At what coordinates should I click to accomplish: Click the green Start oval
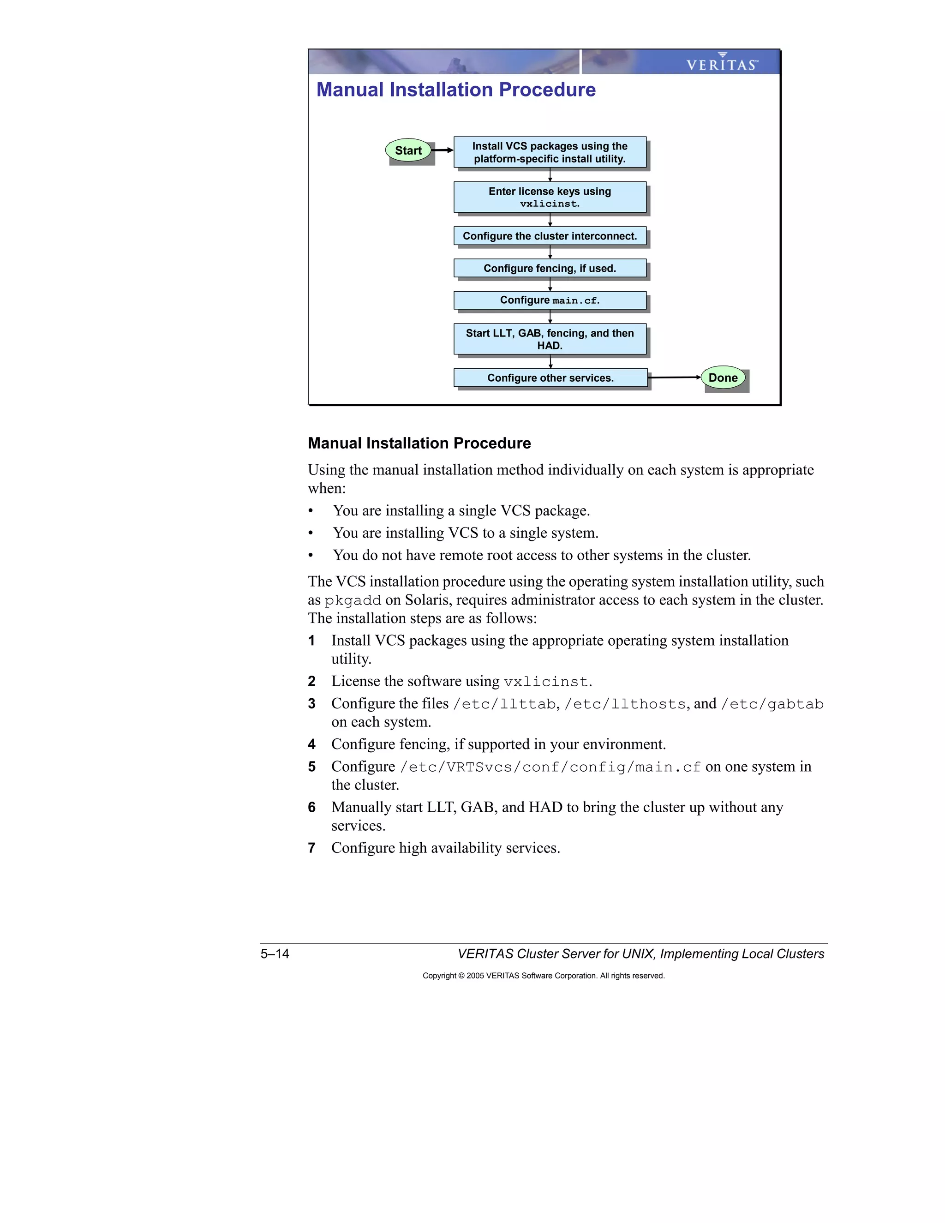408,150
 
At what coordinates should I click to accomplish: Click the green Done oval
723,378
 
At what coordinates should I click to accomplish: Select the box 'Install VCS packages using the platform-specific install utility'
550,152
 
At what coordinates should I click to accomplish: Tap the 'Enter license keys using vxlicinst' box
550,197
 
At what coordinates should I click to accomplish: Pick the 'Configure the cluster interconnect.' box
550,236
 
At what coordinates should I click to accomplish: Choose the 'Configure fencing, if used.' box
550,268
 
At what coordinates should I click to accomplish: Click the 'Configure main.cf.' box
550,300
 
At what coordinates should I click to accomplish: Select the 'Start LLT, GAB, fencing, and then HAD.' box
550,339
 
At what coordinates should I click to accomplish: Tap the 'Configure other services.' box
550,378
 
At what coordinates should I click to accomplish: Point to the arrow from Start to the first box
442,150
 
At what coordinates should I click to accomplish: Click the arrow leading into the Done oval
675,378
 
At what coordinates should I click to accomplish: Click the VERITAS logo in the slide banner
722,63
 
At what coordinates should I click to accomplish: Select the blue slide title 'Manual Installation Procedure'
456,90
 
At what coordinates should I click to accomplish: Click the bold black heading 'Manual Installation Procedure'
419,443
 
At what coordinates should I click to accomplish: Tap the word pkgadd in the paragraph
353,600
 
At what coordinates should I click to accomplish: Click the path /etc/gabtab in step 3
772,704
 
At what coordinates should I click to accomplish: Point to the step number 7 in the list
312,848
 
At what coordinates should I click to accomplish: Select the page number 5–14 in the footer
275,953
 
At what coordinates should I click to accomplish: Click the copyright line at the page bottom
543,976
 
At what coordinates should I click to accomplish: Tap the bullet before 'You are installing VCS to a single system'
311,533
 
